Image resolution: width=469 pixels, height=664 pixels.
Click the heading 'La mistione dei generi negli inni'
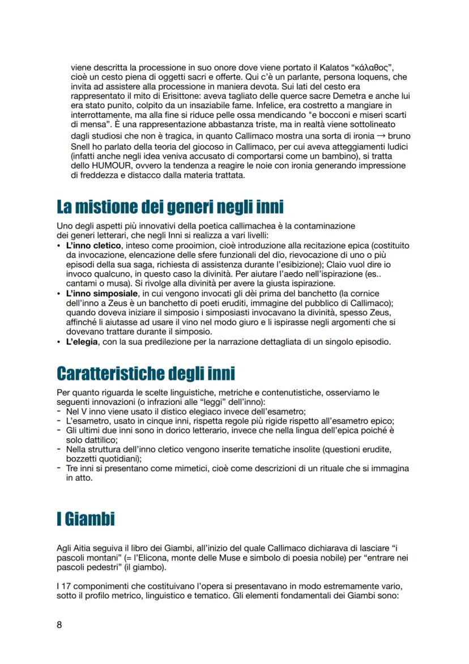pos(170,207)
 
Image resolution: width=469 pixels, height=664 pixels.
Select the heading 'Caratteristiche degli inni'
pos(146,374)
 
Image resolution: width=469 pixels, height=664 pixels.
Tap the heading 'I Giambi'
pos(86,518)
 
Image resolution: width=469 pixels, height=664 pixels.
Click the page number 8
pos(59,624)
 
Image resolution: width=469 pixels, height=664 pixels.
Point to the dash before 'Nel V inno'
pos(59,411)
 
